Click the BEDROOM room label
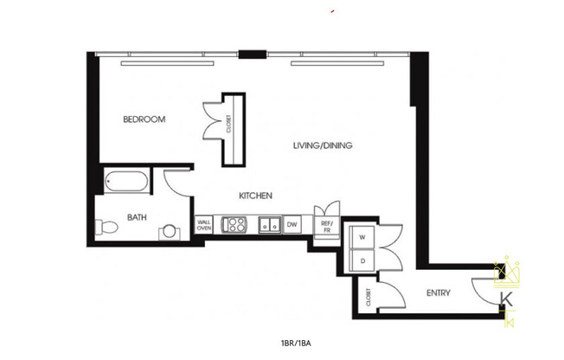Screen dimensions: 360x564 [x=144, y=119]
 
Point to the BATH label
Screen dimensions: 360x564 [x=137, y=217]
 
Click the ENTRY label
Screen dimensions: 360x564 [x=439, y=293]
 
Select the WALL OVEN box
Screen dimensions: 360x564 [x=204, y=225]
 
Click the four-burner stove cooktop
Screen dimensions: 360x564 [x=234, y=225]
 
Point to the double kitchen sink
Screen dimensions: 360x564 [x=270, y=225]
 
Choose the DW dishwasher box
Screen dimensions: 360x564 [x=292, y=225]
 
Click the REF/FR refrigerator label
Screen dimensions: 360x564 [x=327, y=228]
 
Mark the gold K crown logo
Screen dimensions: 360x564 [x=508, y=290]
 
